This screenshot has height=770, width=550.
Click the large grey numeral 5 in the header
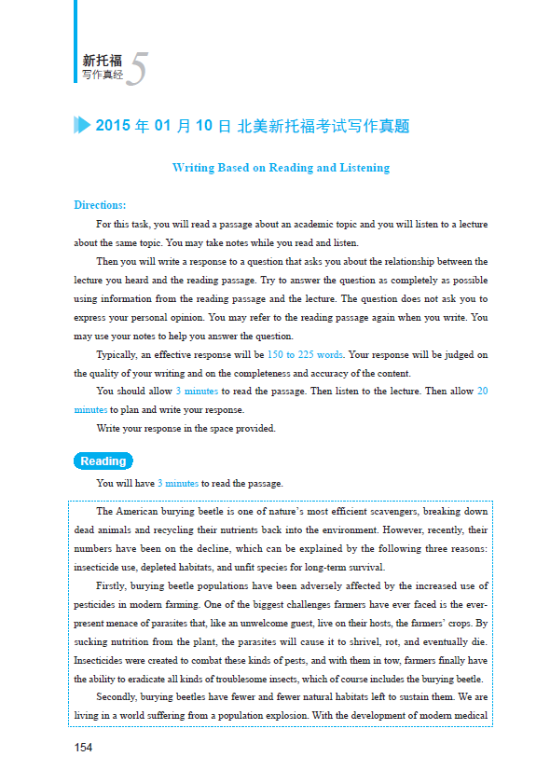136,70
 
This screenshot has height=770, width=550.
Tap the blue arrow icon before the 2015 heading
82,126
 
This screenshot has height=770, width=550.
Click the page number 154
83,748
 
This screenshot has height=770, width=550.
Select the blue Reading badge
103,461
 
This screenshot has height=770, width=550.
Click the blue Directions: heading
100,205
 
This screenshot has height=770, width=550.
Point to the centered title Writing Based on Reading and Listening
281,169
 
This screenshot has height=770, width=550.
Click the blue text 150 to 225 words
305,354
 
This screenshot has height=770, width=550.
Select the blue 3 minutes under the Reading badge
177,484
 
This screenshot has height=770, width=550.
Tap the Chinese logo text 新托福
102,60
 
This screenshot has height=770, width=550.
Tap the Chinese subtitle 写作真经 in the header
102,75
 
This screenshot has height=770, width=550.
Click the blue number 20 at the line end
482,392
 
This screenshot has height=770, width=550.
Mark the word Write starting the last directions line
109,429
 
